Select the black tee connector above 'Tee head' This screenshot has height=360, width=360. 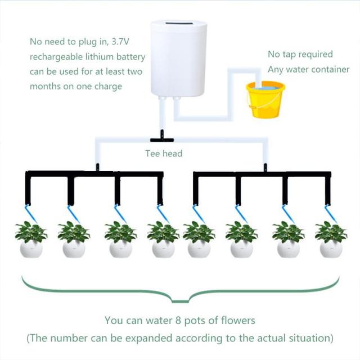[x=161, y=138]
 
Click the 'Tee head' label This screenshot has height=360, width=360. [x=164, y=153]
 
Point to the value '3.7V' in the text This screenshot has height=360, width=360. [x=133, y=42]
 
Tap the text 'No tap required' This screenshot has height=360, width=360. [x=300, y=55]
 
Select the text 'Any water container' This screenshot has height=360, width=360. [x=308, y=70]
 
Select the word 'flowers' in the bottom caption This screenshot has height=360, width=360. [x=238, y=321]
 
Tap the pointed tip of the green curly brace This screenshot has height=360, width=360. [x=179, y=301]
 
